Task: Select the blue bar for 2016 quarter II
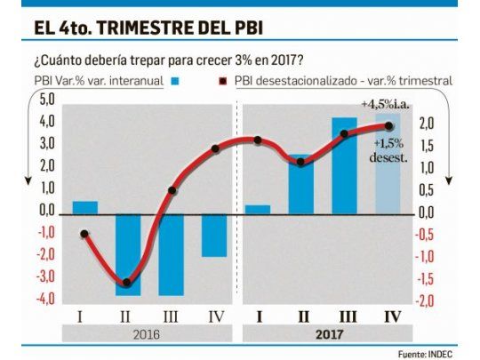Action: [x=128, y=254]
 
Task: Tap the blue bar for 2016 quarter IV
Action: [x=213, y=235]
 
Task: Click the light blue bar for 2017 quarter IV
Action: [x=388, y=164]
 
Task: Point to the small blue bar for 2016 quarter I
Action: [x=85, y=207]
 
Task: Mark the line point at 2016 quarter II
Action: [x=128, y=283]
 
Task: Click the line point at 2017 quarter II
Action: [x=301, y=162]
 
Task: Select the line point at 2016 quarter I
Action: [x=85, y=235]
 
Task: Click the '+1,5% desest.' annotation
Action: [x=389, y=150]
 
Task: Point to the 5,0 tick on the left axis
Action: [x=46, y=98]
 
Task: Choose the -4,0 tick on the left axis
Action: [x=44, y=299]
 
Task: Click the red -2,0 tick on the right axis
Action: [x=427, y=300]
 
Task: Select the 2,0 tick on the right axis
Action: [x=427, y=124]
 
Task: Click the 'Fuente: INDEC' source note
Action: [x=428, y=352]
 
